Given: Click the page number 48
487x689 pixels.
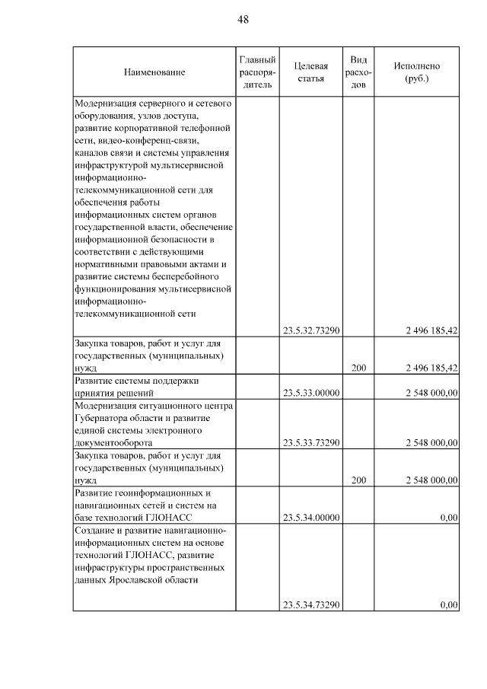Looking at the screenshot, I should tap(243, 19).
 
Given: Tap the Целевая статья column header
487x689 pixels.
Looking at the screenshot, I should tap(310, 72).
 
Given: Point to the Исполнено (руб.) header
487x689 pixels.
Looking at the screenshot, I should tap(416, 72).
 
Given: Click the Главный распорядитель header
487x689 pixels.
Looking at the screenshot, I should tap(256, 72).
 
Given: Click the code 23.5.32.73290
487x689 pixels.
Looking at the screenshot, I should tap(310, 330).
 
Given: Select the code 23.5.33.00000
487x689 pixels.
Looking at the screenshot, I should tap(310, 393).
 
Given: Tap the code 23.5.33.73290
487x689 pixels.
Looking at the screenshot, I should tap(310, 442).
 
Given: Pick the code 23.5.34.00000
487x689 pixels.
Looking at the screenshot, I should tap(310, 518).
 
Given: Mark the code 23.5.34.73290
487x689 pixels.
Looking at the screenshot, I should tap(310, 604).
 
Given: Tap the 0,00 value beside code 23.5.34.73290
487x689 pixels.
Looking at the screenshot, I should tap(448, 604).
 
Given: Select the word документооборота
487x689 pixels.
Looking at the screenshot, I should tap(113, 442).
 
